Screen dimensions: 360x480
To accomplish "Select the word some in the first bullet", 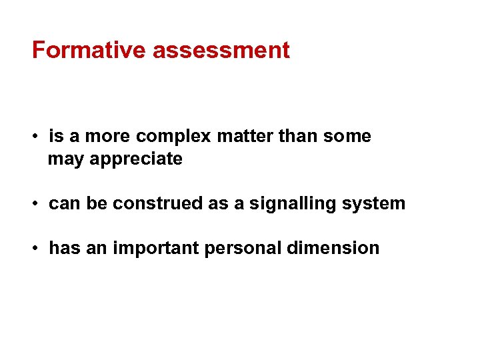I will [347, 137].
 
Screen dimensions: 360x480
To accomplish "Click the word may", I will [63, 160].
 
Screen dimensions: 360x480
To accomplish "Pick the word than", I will [298, 137].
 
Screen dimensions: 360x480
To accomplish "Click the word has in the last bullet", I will [62, 248].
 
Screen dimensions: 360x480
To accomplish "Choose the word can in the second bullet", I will [63, 204].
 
